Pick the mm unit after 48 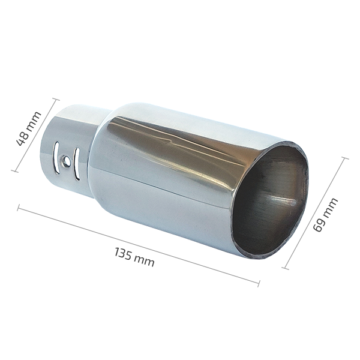[32, 122]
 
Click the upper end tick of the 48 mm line [56, 99]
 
